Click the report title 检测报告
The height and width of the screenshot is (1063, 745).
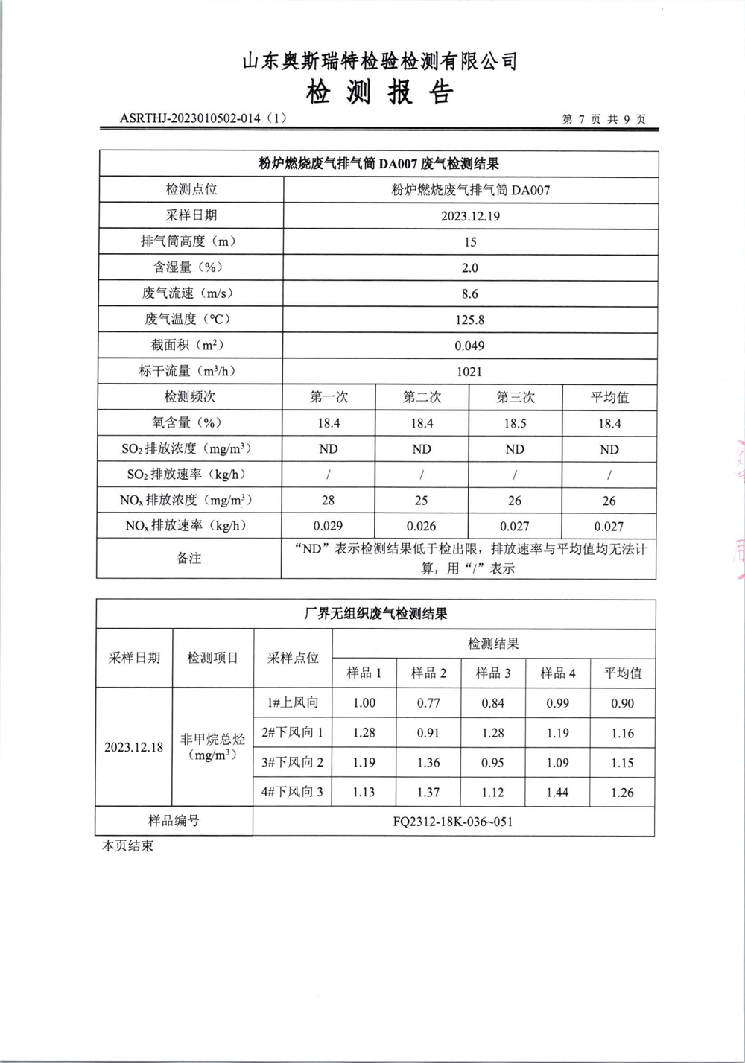pyautogui.click(x=379, y=93)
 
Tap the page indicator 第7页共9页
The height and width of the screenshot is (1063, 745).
pyautogui.click(x=603, y=119)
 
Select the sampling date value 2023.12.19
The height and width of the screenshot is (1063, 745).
pyautogui.click(x=469, y=216)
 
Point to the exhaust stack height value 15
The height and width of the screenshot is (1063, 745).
pyautogui.click(x=469, y=242)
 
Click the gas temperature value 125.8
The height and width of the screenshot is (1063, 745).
pyautogui.click(x=469, y=320)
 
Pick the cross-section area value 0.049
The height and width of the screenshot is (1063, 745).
pyautogui.click(x=469, y=346)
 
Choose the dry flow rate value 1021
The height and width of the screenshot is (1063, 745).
pyautogui.click(x=469, y=372)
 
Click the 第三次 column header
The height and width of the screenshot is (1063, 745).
pyautogui.click(x=516, y=397)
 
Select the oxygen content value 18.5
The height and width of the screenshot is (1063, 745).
pyautogui.click(x=515, y=423)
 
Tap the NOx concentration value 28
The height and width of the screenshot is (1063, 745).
pyautogui.click(x=328, y=501)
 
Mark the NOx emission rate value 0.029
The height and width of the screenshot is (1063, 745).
pyautogui.click(x=328, y=526)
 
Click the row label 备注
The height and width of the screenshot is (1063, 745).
pyautogui.click(x=189, y=558)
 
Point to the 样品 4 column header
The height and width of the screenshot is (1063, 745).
pyautogui.click(x=557, y=673)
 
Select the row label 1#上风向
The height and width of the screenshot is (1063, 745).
pyautogui.click(x=293, y=702)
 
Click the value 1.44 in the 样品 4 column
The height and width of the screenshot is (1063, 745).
pyautogui.click(x=557, y=793)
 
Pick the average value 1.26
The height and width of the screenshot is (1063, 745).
pyautogui.click(x=622, y=793)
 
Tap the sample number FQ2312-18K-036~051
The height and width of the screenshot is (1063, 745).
pyautogui.click(x=453, y=822)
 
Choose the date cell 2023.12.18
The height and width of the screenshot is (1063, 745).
pyautogui.click(x=134, y=747)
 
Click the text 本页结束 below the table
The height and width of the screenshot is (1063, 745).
pyautogui.click(x=127, y=847)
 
